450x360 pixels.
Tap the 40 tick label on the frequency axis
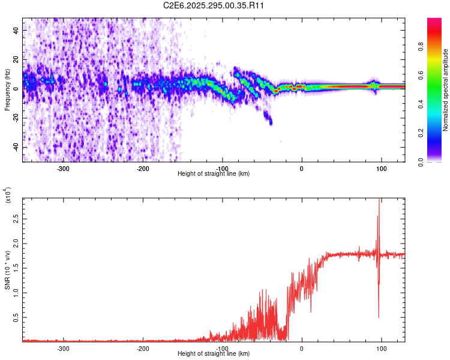tap(16, 30)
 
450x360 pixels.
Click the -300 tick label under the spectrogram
tap(64, 168)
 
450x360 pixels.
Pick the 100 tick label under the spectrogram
tap(381, 168)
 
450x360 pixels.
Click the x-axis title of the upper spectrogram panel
tap(214, 174)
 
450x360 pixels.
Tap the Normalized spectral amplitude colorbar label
tap(445, 90)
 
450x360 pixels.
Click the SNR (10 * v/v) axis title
tap(7, 269)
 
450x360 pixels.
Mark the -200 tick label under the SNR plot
tap(143, 348)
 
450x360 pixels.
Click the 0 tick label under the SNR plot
tap(302, 348)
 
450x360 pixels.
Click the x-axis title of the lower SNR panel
tap(214, 354)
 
